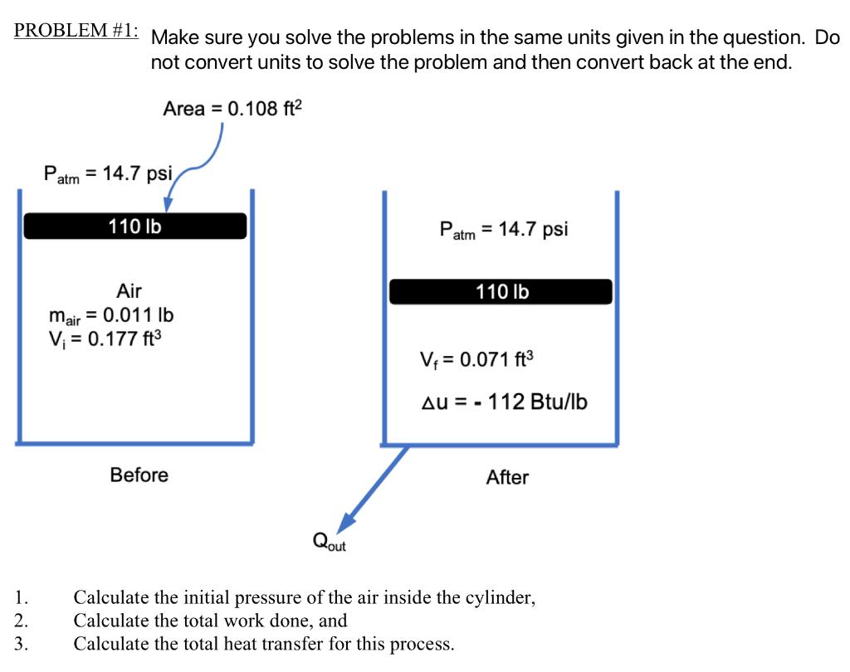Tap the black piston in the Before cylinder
[135, 226]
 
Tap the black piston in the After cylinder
[501, 291]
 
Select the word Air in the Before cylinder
[129, 291]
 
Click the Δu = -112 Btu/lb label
[505, 402]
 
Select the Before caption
[139, 475]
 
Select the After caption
[507, 477]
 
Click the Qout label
[329, 542]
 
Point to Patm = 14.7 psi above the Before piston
[108, 174]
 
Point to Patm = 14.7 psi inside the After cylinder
[504, 230]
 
